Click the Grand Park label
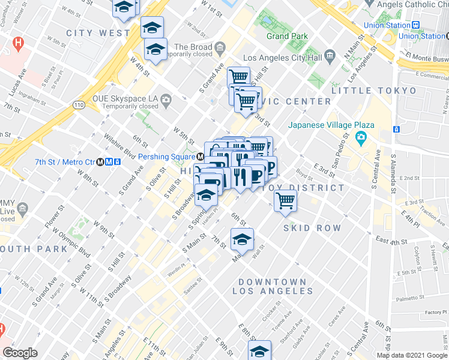(x=287, y=36)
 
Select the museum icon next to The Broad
(x=220, y=47)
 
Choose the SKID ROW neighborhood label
(x=312, y=228)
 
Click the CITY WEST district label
(x=98, y=32)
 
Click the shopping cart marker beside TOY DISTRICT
(x=285, y=200)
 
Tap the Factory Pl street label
(x=431, y=313)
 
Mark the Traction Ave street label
(x=431, y=211)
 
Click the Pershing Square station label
(x=167, y=156)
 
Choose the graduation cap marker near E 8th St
(x=259, y=350)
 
